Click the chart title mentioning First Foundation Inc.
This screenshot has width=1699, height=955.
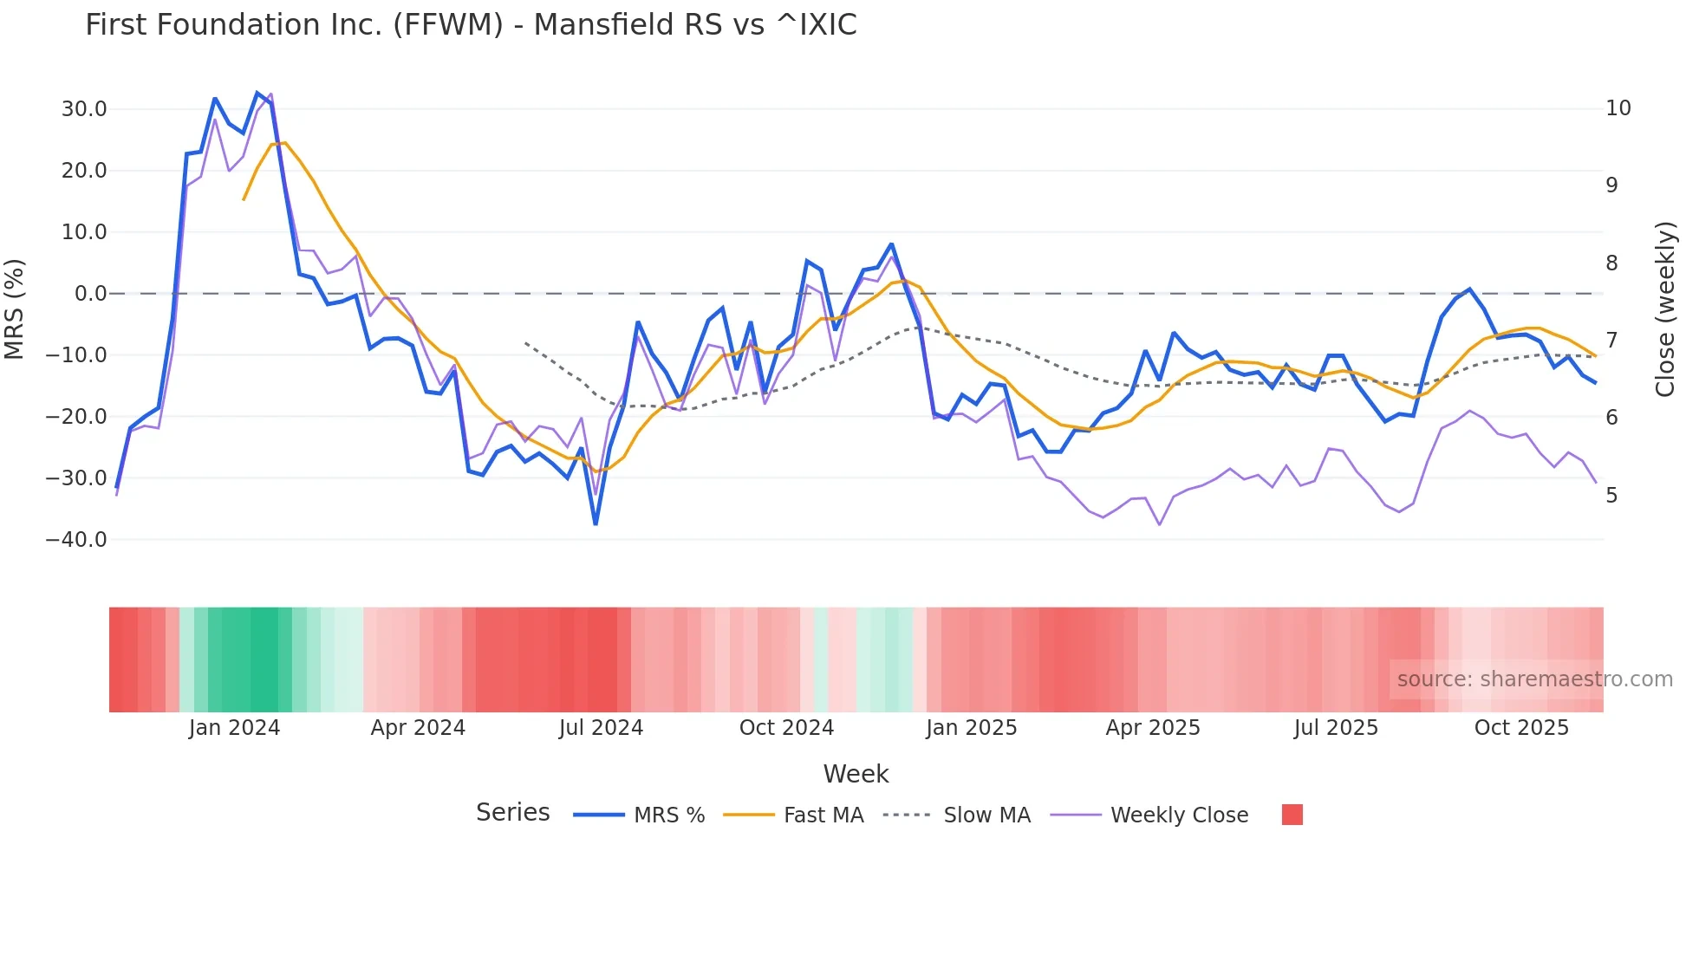pyautogui.click(x=471, y=25)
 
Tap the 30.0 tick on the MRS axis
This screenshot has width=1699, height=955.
pyautogui.click(x=84, y=109)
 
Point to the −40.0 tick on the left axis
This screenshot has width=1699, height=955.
pyautogui.click(x=76, y=540)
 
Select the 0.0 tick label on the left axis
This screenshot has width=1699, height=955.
pyautogui.click(x=90, y=294)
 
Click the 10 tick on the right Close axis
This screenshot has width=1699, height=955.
pyautogui.click(x=1618, y=108)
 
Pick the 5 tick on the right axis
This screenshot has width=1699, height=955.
pyautogui.click(x=1611, y=496)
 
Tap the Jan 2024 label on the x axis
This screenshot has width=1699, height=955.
pyautogui.click(x=234, y=728)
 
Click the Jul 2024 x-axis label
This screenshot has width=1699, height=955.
pyautogui.click(x=601, y=728)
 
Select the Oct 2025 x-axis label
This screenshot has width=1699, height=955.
pyautogui.click(x=1521, y=728)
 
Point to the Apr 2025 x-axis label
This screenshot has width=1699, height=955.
pyautogui.click(x=1153, y=728)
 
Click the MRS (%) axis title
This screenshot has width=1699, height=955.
pyautogui.click(x=15, y=309)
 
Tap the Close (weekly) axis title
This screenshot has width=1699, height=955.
pyautogui.click(x=1665, y=309)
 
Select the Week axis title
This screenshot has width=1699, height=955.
pyautogui.click(x=856, y=774)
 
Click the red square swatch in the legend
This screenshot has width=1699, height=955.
pyautogui.click(x=1292, y=815)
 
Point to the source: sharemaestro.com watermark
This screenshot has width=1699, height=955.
pyautogui.click(x=1534, y=679)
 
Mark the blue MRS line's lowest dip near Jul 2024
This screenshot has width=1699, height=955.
pyautogui.click(x=596, y=523)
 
